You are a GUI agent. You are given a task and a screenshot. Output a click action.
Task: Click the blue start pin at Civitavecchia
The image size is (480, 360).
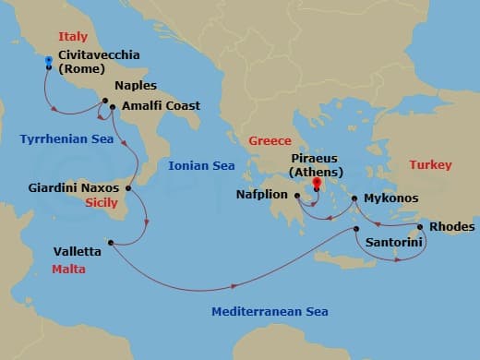[48, 59]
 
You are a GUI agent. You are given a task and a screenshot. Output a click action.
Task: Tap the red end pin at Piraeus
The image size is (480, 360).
[318, 184]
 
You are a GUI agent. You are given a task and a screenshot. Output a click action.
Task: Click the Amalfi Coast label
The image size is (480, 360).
[161, 105]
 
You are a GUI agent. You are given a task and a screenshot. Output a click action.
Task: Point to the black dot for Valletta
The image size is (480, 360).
[111, 243]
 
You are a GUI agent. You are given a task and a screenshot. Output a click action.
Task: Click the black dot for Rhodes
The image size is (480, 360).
[419, 227]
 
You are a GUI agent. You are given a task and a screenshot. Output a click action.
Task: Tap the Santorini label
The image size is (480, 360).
[394, 242]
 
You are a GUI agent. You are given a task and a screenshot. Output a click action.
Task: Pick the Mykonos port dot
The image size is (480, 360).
[354, 198]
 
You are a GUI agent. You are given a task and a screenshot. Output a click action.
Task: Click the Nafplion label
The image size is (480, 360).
[267, 197]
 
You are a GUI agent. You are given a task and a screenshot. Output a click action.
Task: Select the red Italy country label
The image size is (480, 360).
[72, 37]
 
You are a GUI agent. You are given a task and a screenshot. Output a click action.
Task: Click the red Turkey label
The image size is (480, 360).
[431, 165]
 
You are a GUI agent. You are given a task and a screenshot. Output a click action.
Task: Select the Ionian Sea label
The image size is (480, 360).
[202, 166]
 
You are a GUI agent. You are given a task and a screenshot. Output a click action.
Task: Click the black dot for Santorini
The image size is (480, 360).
[356, 229]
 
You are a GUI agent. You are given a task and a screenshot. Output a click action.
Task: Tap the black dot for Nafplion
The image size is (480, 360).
[306, 197]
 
